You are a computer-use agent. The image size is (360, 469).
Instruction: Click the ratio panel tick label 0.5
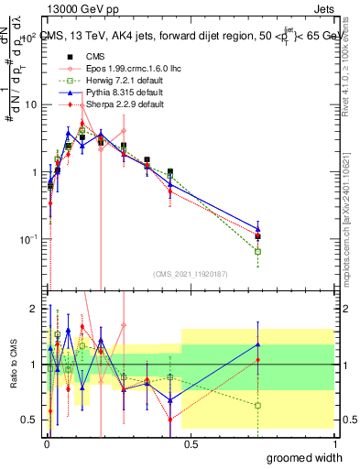click(28, 420)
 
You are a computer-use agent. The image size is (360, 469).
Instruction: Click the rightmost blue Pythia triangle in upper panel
click(258, 229)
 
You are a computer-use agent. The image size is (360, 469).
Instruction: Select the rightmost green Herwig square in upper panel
click(258, 251)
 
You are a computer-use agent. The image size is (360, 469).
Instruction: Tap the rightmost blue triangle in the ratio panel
click(258, 344)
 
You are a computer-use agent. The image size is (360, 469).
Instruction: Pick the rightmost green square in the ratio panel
click(258, 405)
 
